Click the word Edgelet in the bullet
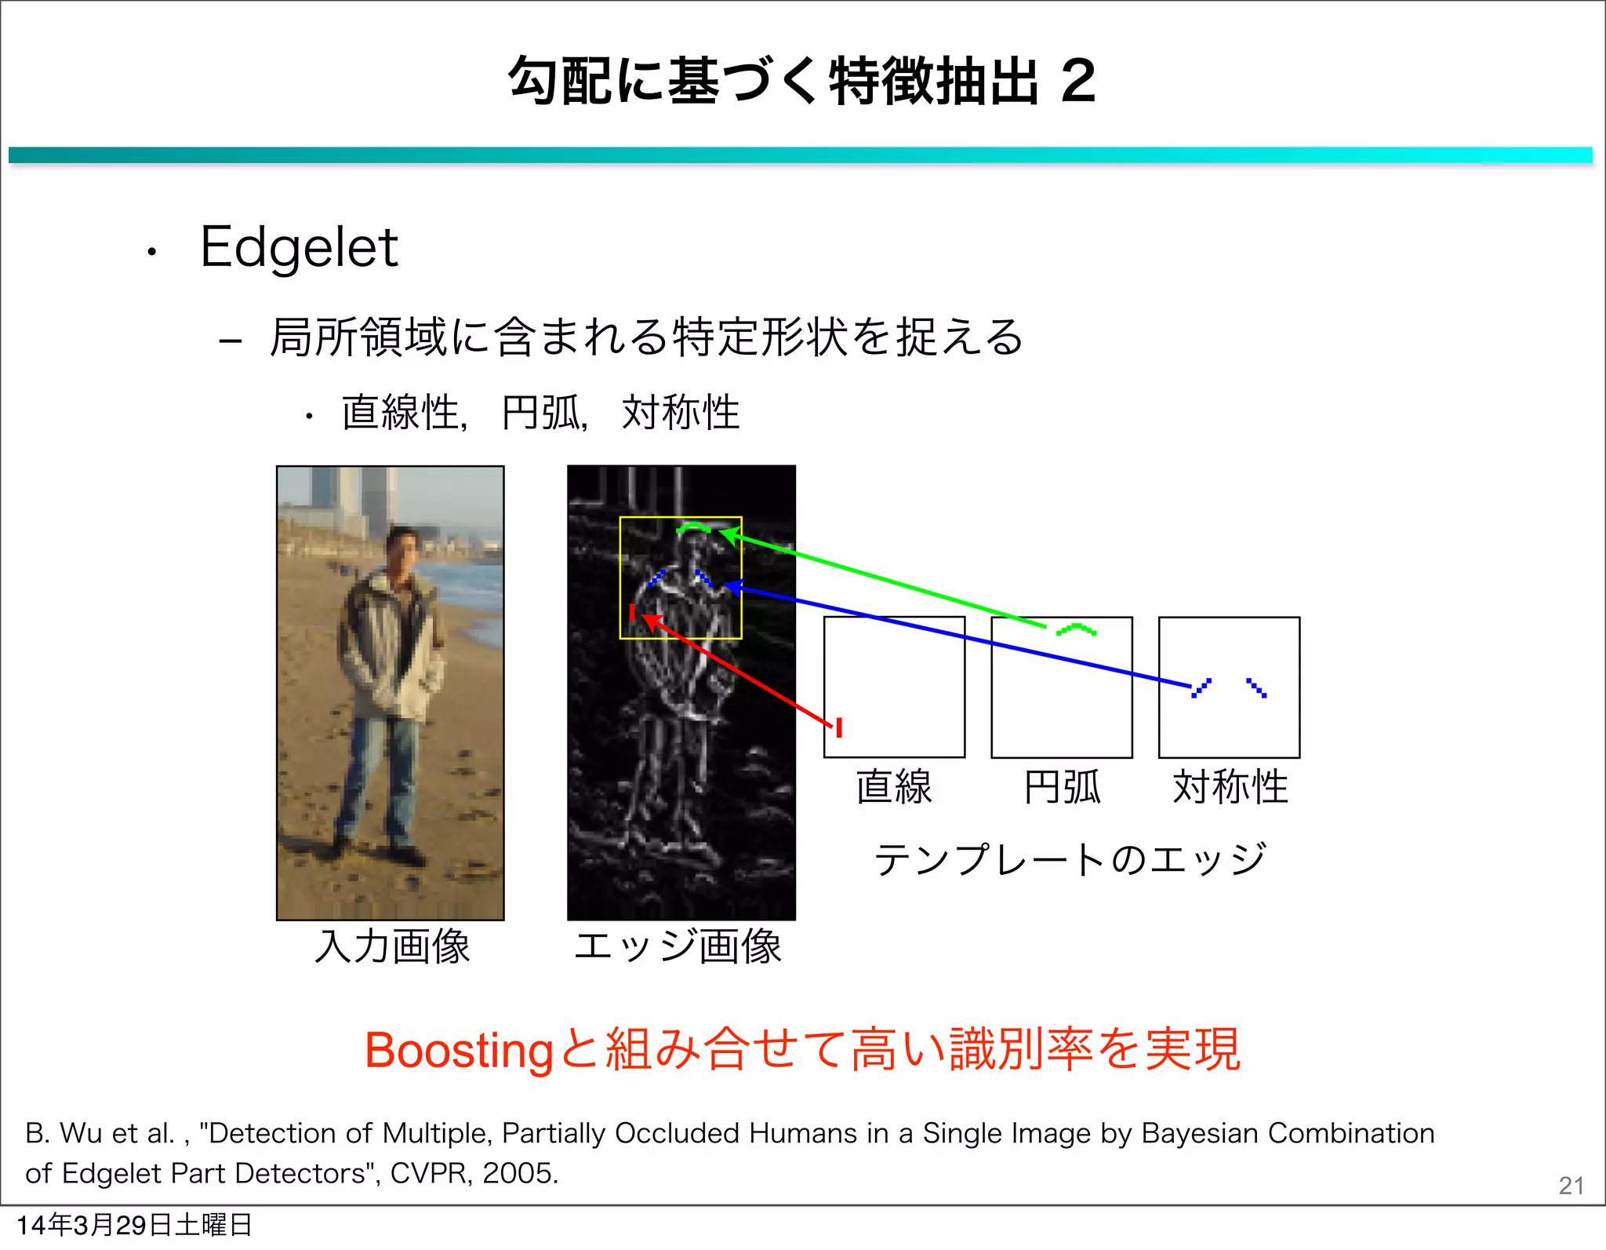[299, 248]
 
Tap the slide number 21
[1571, 1185]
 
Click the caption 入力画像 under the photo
[392, 946]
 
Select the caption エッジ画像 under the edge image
[678, 946]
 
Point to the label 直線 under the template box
[894, 786]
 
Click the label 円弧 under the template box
[1062, 786]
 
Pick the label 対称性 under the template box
[1230, 786]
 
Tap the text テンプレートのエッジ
[1070, 859]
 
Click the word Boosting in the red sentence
[459, 1051]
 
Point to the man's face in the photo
[402, 548]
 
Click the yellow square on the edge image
[620, 577]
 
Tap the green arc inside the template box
[1076, 629]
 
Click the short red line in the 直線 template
[839, 727]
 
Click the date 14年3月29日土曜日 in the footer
[134, 1225]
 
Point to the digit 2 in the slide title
[1078, 81]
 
